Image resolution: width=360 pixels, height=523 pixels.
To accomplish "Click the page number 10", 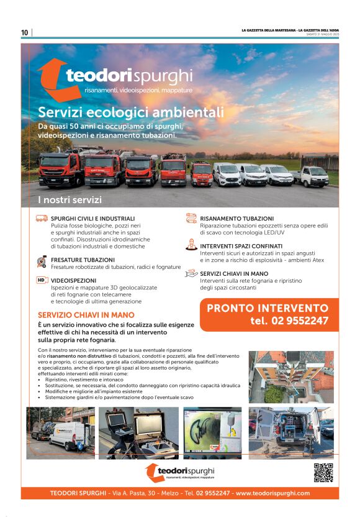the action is point(25,32).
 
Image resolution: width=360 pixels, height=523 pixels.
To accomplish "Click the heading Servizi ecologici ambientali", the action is point(130,112).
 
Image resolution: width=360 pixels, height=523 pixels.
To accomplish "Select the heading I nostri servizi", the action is point(69,200).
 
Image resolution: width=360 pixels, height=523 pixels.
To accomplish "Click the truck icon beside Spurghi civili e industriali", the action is point(42,219).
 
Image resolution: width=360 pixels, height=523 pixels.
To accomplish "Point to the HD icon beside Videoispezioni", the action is point(42,280).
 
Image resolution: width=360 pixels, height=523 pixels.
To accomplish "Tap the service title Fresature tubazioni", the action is point(83,260).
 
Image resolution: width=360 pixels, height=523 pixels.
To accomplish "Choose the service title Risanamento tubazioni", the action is point(236,219).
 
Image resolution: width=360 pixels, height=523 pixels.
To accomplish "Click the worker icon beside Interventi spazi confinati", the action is point(191,245).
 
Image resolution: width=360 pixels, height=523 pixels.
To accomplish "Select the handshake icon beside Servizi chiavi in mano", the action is point(191,273).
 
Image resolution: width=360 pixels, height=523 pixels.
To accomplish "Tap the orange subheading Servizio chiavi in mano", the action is point(86,315).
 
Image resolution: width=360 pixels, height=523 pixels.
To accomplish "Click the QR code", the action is point(323,473).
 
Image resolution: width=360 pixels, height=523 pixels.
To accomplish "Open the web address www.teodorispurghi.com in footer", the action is point(272,493).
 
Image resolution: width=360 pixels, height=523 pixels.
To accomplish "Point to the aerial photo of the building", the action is point(291,377).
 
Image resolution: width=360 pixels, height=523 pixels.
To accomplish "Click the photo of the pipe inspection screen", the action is point(212,433).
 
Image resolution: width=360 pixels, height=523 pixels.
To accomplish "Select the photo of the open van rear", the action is point(291,433).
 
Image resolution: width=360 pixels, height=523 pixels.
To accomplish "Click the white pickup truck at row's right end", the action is point(312,176).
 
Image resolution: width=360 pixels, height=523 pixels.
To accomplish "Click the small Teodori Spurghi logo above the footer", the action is point(179,472).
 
